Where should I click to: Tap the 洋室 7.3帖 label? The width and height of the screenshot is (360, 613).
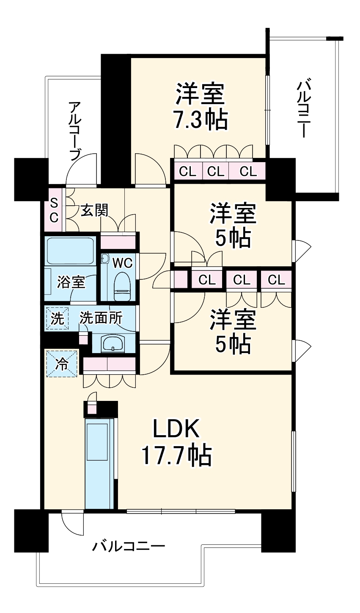click(200, 107)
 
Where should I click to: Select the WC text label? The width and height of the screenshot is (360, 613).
click(122, 263)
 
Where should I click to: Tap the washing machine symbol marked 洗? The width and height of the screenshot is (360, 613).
click(57, 318)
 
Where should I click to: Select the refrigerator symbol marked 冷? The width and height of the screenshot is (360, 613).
click(62, 364)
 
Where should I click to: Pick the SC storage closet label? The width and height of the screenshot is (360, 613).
click(54, 210)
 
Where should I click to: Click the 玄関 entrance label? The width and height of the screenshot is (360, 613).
click(94, 210)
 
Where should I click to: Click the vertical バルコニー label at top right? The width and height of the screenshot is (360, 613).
click(303, 109)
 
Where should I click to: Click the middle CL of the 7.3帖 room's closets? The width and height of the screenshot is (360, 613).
click(216, 171)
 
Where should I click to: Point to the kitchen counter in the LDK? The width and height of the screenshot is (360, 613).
click(99, 464)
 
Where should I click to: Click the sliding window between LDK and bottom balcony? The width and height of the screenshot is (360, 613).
click(181, 511)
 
